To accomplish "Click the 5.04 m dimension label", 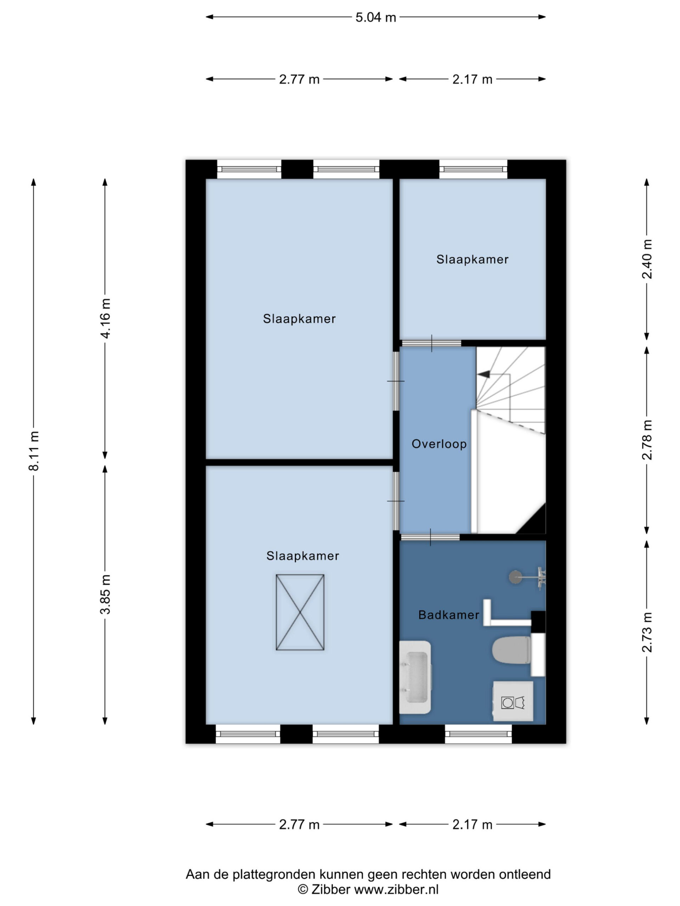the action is click(x=375, y=17).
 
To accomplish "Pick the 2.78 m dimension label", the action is click(x=646, y=440).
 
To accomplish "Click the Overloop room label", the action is click(x=439, y=444).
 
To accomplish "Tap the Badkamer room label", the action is click(x=449, y=615).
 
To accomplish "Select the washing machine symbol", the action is click(x=513, y=701).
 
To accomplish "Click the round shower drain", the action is click(x=515, y=577).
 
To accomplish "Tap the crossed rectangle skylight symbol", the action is click(x=300, y=612).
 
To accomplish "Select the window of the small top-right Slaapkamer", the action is click(x=473, y=169).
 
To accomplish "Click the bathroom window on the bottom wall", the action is click(x=478, y=734).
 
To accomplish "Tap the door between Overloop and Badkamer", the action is click(x=430, y=537).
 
